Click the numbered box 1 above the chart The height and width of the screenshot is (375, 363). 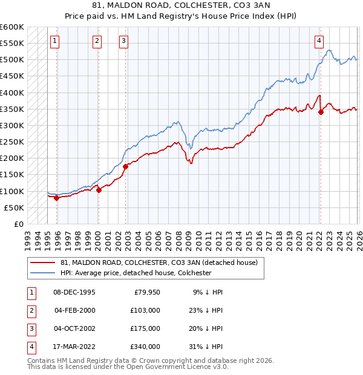(x=54, y=41)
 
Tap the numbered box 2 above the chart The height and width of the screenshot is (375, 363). (x=97, y=41)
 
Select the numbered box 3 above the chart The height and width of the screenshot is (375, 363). (x=123, y=41)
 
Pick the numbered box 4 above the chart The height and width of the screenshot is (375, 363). (x=319, y=41)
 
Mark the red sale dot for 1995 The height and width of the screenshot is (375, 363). (x=56, y=198)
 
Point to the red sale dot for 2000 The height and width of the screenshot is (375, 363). (x=99, y=190)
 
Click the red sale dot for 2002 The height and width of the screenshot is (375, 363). (x=125, y=166)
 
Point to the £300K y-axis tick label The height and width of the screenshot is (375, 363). (x=12, y=125)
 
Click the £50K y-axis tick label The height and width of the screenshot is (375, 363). (x=14, y=207)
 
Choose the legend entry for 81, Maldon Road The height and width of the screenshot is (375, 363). (x=159, y=262)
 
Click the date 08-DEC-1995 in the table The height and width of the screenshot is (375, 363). (x=74, y=292)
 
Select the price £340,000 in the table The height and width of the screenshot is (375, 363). (x=145, y=347)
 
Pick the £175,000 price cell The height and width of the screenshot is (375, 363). (x=145, y=328)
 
